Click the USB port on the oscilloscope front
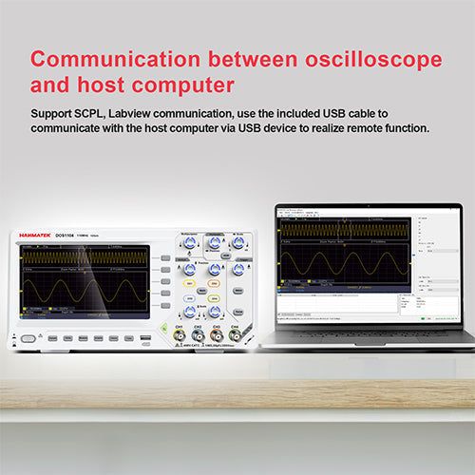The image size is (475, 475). click(x=144, y=338)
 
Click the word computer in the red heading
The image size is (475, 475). click(x=182, y=86)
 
